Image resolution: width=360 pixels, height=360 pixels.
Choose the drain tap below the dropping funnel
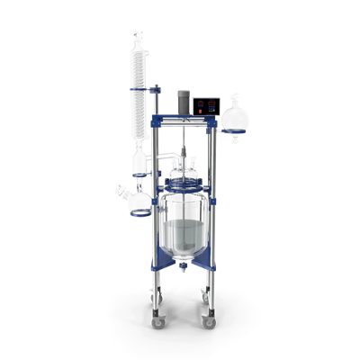tap(235, 139)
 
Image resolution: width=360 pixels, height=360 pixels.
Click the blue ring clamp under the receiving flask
tap(139, 213)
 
